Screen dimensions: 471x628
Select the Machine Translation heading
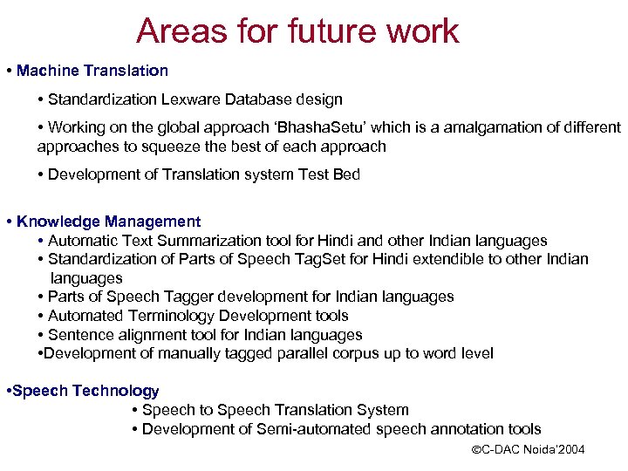click(92, 70)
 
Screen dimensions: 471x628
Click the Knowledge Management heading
click(108, 222)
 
